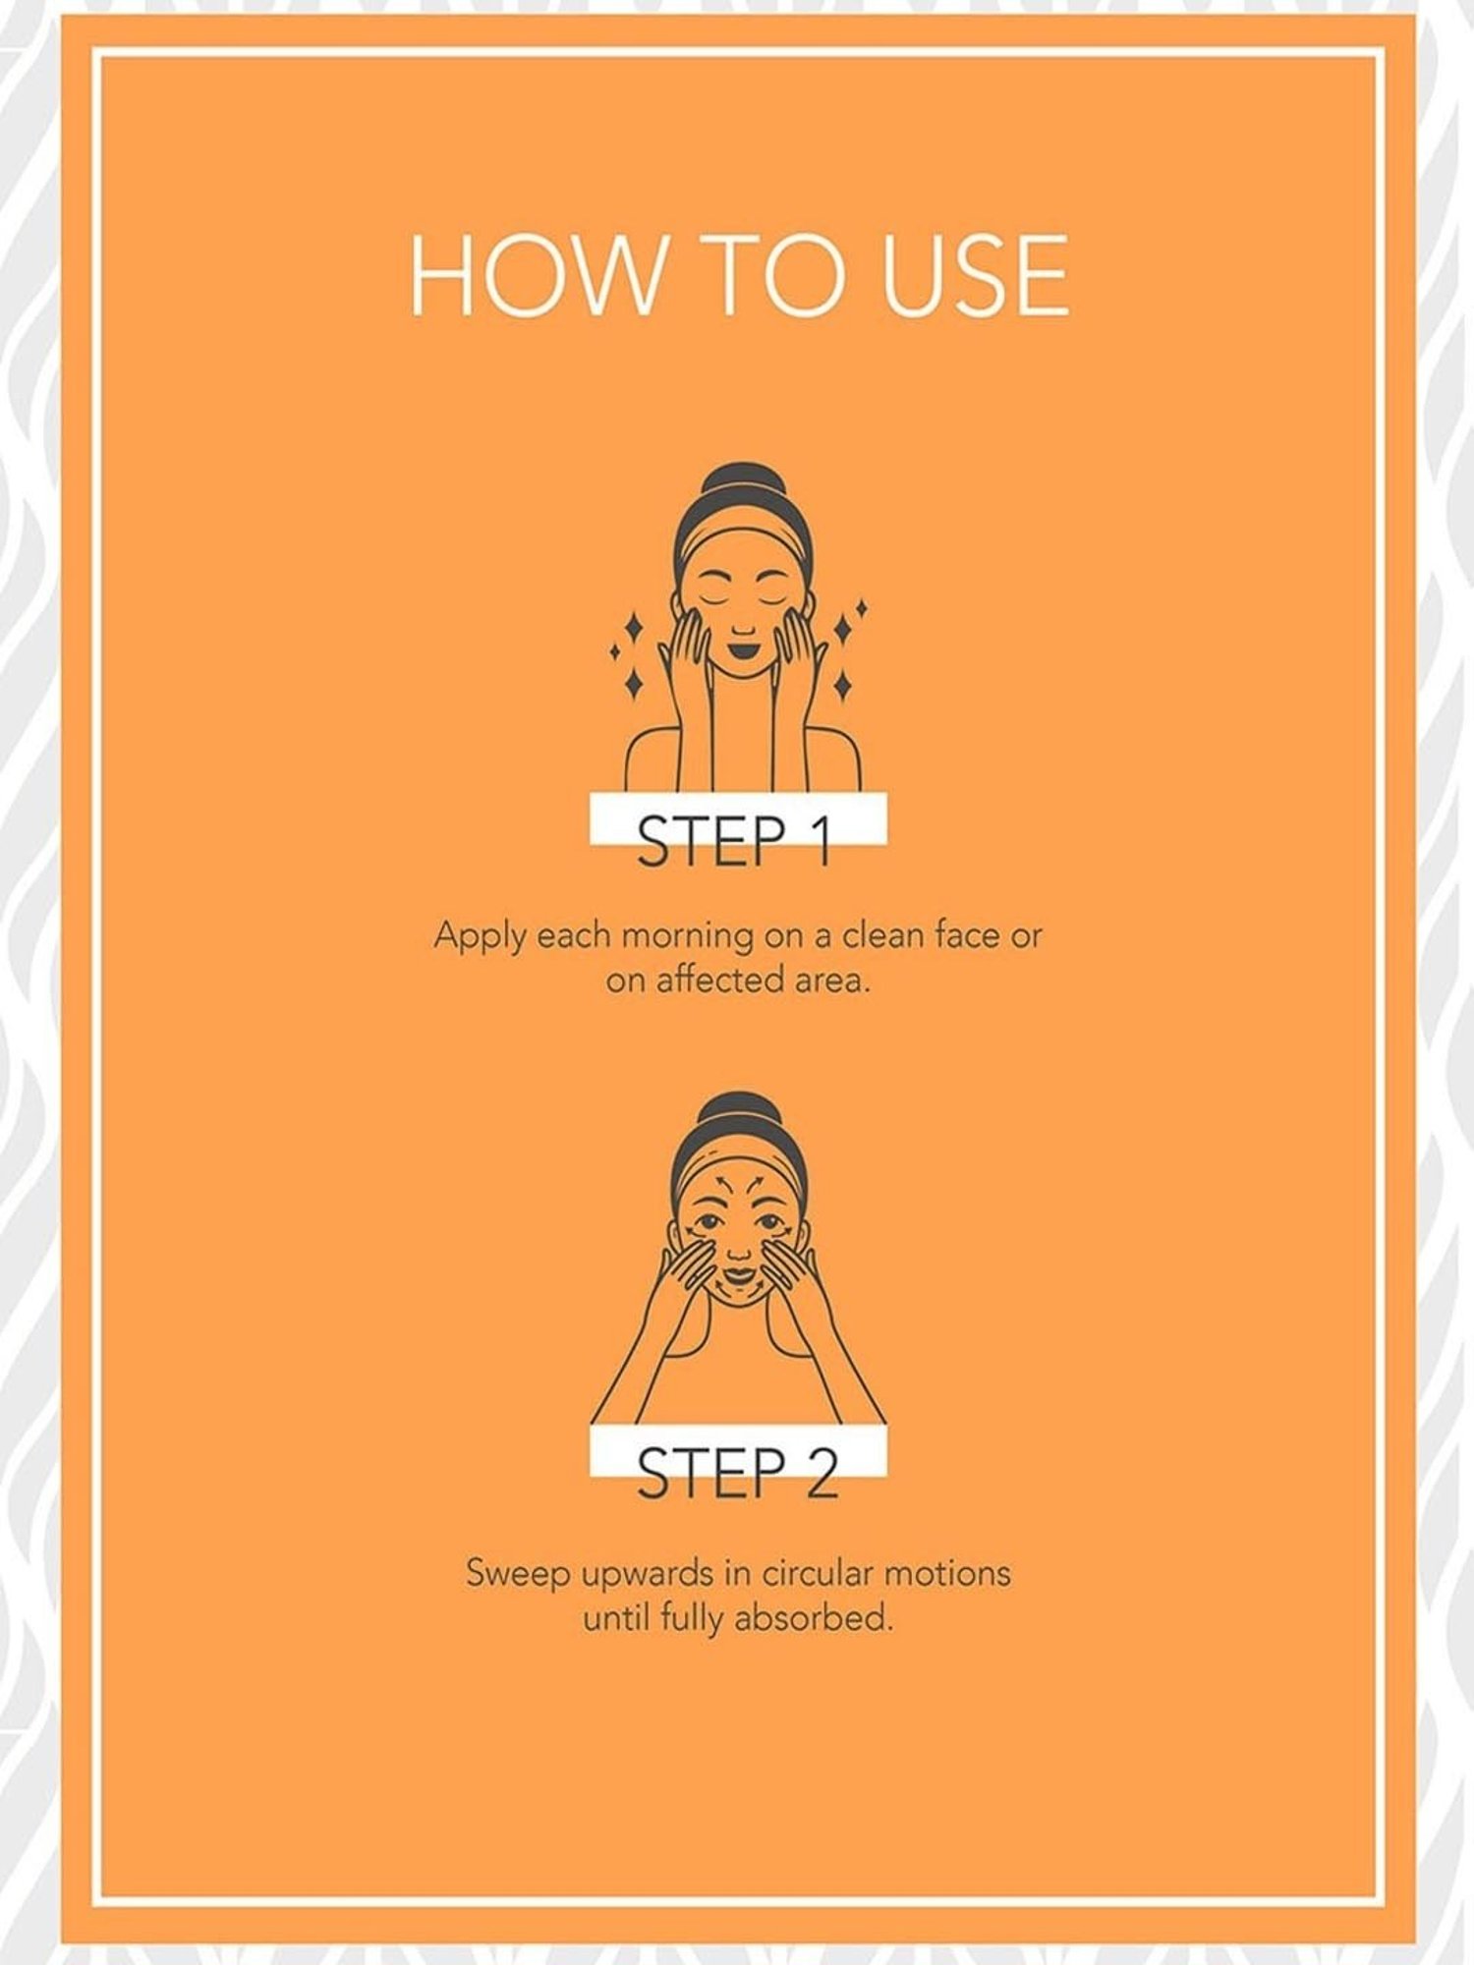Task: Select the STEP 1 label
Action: click(735, 840)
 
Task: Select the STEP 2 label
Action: click(738, 1472)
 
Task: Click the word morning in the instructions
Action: click(688, 936)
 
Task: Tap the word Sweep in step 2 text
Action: click(518, 1574)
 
